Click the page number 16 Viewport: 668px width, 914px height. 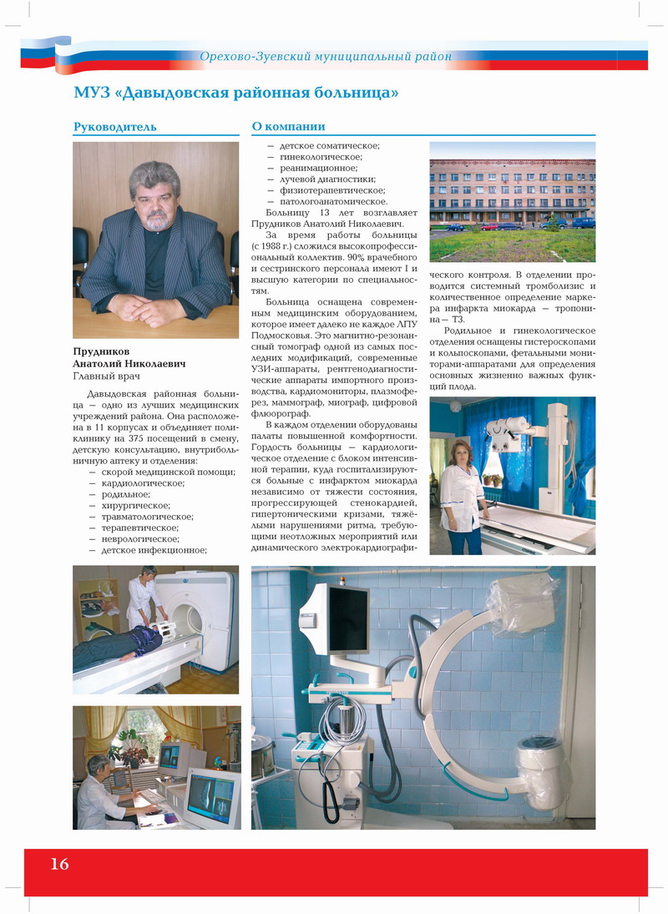[59, 864]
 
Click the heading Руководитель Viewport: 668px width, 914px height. [114, 127]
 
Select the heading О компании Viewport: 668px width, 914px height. [288, 127]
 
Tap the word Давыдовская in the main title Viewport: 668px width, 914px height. [172, 92]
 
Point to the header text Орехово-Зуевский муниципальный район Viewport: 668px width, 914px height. [326, 57]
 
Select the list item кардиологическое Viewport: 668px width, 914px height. [143, 483]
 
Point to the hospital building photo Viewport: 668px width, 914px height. [512, 201]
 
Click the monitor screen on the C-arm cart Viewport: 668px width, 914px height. [346, 619]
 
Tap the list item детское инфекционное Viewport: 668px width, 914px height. [154, 550]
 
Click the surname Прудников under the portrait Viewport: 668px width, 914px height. [101, 352]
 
